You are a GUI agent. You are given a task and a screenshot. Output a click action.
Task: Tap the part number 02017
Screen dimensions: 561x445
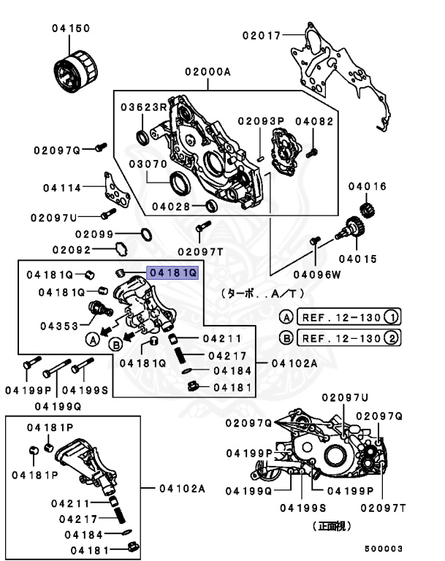point(262,33)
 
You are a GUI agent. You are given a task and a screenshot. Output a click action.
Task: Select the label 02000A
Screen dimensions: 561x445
point(208,72)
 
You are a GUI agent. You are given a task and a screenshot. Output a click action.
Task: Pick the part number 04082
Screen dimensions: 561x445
point(314,121)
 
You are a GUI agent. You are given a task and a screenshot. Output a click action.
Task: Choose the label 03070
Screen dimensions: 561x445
point(148,164)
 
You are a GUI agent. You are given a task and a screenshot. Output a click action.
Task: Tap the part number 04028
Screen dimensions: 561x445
point(171,205)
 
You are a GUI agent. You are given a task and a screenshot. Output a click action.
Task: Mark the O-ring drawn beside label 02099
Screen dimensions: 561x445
point(145,234)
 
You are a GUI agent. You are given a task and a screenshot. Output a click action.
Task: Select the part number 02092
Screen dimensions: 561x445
point(91,249)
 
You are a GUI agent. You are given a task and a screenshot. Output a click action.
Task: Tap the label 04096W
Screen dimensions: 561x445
point(317,275)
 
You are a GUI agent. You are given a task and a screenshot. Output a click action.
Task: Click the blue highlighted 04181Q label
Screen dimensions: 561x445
point(172,272)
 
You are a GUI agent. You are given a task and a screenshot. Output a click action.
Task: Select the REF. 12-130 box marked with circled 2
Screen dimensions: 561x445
point(341,338)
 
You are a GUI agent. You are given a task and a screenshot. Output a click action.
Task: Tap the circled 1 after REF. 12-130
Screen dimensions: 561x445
point(392,317)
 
